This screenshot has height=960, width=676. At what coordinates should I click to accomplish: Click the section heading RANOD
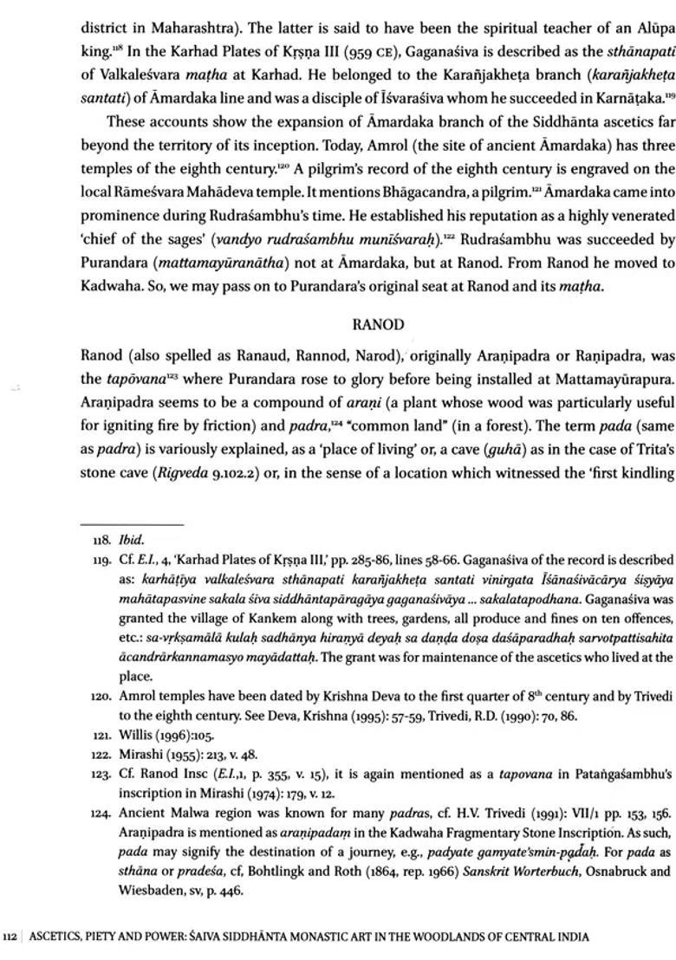click(x=379, y=325)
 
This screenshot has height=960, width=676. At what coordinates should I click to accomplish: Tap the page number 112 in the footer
click(x=10, y=937)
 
